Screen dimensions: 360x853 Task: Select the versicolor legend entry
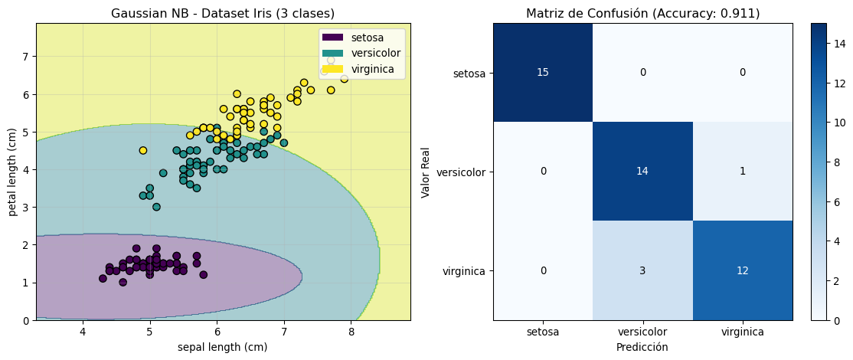click(361, 53)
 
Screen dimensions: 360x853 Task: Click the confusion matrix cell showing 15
click(543, 72)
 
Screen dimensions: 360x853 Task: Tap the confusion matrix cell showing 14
click(642, 171)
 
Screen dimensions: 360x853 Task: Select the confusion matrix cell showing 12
click(741, 270)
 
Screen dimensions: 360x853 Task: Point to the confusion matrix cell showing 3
click(642, 270)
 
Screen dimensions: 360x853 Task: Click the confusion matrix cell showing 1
click(741, 171)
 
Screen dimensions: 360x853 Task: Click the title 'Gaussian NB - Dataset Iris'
click(223, 13)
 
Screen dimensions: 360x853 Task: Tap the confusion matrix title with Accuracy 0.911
click(642, 13)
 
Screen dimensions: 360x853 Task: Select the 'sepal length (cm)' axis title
click(223, 348)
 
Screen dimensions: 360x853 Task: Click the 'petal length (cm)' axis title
click(13, 172)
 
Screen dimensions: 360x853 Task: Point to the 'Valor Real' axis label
click(426, 172)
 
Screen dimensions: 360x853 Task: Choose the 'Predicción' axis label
click(642, 347)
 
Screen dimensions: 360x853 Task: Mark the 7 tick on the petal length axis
click(24, 57)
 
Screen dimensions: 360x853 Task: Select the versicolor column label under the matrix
click(642, 332)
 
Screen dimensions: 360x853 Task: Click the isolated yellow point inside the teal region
click(143, 150)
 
